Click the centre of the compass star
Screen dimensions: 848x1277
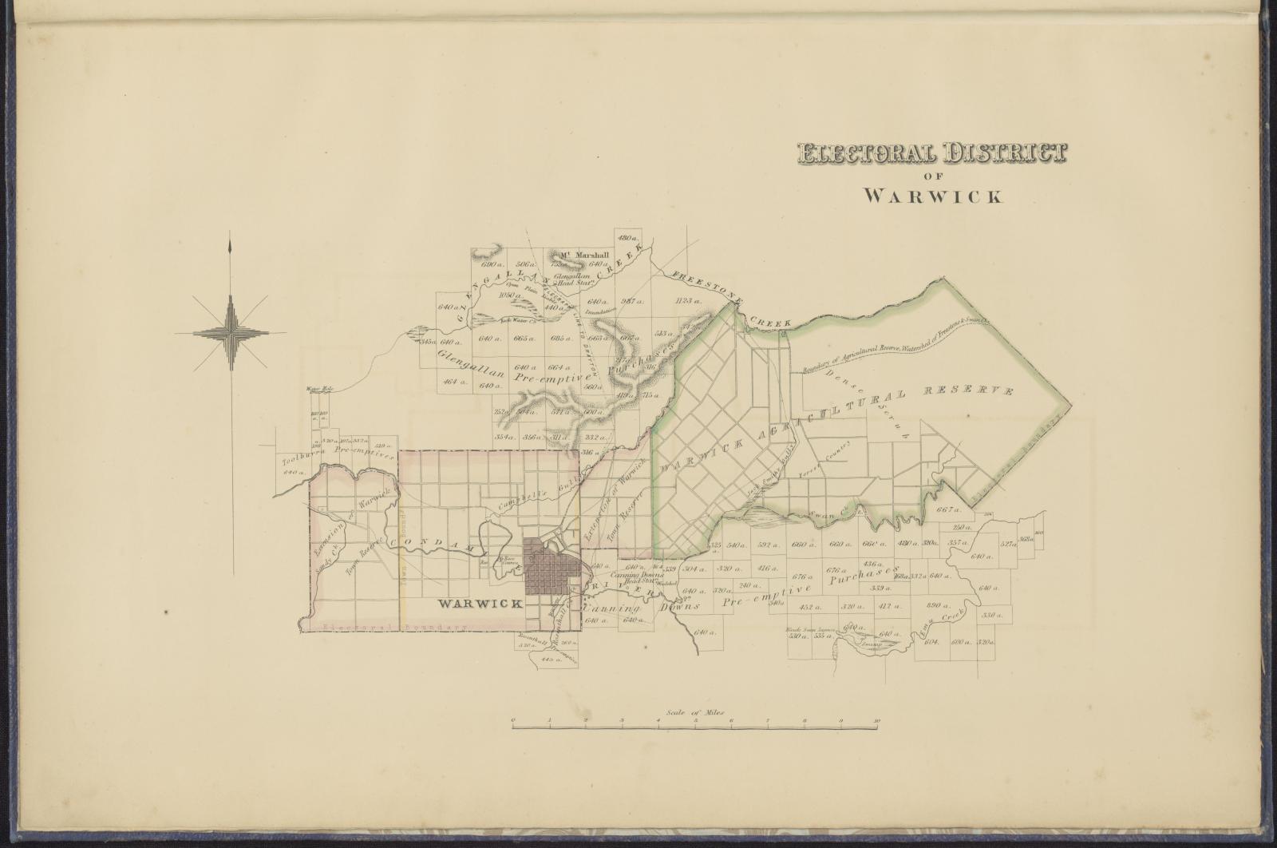click(231, 331)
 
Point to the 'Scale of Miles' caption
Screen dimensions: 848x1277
click(694, 710)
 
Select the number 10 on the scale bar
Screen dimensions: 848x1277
click(876, 721)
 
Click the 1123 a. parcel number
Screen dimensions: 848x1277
click(686, 301)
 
